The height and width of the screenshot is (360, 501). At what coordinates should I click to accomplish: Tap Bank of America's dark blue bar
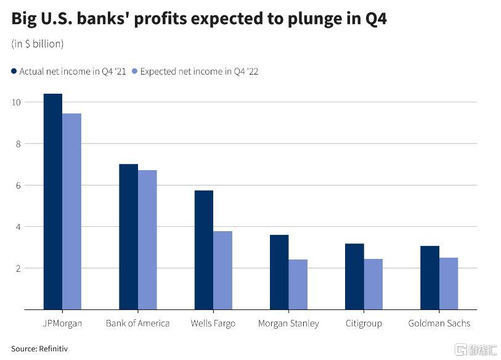click(x=128, y=237)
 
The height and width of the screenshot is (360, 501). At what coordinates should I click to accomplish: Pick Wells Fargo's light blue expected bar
click(x=222, y=271)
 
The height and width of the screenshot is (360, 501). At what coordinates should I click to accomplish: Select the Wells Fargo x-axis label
click(x=213, y=324)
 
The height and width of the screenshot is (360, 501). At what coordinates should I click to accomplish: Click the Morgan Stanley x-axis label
click(x=288, y=324)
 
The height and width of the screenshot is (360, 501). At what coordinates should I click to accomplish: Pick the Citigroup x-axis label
click(x=364, y=324)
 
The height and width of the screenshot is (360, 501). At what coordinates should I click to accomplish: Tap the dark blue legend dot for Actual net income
click(x=14, y=72)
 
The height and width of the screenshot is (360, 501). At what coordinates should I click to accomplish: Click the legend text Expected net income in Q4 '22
click(x=199, y=72)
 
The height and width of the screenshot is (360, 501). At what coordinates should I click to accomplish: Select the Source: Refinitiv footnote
click(x=39, y=349)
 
